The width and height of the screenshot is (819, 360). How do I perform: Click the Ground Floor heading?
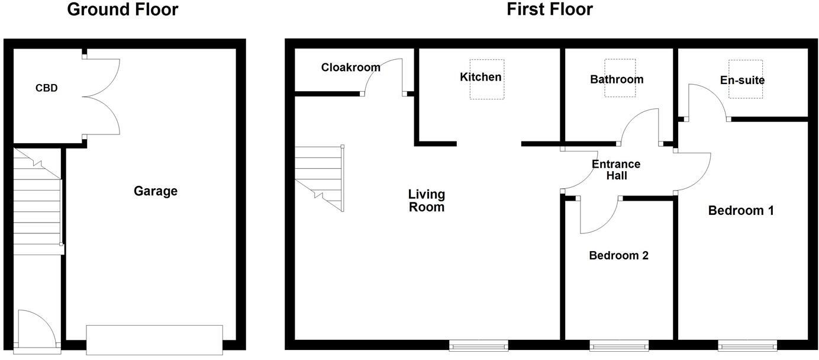point(122,10)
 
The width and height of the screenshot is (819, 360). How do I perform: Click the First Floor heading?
point(550,10)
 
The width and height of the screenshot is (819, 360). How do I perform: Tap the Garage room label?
point(156,191)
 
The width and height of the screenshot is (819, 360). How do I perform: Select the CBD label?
point(47,88)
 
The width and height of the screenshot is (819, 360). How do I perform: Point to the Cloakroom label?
point(351,67)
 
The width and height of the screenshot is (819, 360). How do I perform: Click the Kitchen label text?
point(481,77)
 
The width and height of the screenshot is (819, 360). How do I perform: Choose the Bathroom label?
point(617,79)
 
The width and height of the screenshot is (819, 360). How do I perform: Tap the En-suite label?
point(742,81)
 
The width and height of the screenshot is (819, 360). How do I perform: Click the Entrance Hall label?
point(616,170)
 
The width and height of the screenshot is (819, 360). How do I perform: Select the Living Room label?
point(427,201)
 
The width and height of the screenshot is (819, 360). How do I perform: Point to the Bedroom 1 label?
point(741,211)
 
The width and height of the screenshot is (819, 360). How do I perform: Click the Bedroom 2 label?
point(618,256)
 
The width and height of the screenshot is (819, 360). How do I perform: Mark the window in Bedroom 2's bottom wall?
point(618,345)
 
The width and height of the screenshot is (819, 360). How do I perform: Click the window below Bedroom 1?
point(747,345)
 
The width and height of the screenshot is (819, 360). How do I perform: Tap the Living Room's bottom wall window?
point(478,345)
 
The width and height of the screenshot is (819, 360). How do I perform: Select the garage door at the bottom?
point(154,340)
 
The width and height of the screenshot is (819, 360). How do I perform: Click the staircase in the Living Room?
point(319,178)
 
